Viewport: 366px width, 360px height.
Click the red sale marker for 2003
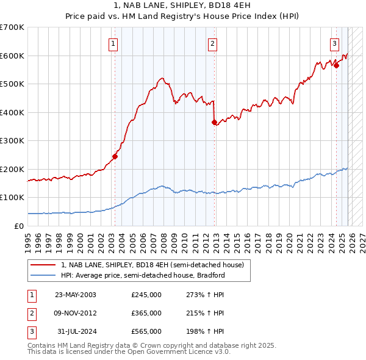115,156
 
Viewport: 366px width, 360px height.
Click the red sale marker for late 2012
214,122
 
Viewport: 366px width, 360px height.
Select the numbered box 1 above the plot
114,43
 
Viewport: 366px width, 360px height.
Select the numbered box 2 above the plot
212,43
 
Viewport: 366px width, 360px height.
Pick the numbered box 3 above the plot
335,43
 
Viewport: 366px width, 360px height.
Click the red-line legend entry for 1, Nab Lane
152,265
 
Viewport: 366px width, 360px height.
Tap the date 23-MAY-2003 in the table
76,295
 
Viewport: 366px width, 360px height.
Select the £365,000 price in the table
146,313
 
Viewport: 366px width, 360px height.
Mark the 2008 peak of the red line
161,78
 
